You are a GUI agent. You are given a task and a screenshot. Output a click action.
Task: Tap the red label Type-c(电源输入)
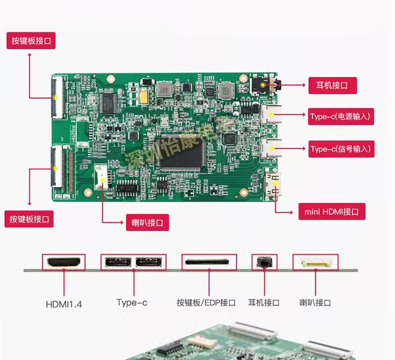click(341, 116)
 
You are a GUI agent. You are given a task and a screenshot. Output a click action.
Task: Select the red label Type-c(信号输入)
click(341, 149)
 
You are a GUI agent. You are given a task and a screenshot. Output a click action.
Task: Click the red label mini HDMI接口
click(331, 212)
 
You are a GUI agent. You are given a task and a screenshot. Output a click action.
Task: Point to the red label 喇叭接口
click(147, 222)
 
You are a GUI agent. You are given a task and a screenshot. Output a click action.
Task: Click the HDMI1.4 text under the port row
click(64, 304)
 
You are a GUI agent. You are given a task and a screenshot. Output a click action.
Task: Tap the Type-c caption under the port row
click(132, 303)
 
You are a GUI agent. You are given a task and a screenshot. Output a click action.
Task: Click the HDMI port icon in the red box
click(64, 262)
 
